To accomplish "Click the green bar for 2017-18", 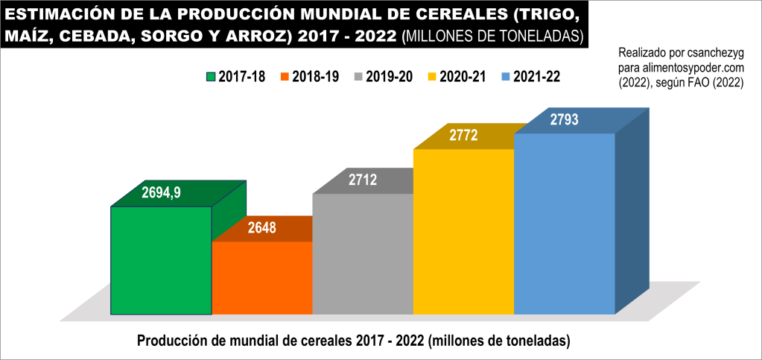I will coord(161,260).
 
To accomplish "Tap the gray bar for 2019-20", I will coord(363,253).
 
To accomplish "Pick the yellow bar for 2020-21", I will coord(463,231).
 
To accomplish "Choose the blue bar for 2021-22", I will coord(565,224).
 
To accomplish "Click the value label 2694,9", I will coord(162,192).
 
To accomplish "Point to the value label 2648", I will coord(262,228).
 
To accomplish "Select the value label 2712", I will coord(363,180).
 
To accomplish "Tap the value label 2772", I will coord(463,135).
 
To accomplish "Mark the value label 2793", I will coord(564,119).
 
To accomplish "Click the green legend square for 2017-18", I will coord(210,76).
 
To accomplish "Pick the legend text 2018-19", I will coord(315,76).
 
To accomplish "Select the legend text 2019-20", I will coord(389,76).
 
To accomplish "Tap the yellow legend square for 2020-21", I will coord(431,76).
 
